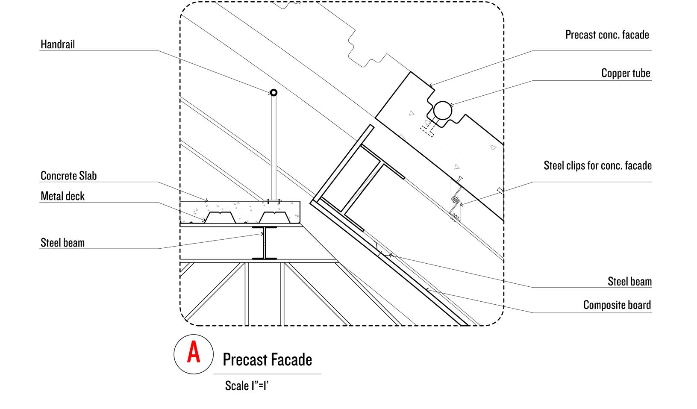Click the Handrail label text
pos(58,44)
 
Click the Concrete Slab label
pos(68,176)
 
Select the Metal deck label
pos(62,196)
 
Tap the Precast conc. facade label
pos(607,35)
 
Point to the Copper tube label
pos(626,73)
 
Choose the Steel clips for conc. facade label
pos(597,165)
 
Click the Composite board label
pos(617,305)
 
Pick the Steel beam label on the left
pos(62,243)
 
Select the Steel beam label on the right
pos(629,282)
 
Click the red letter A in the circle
pos(194,354)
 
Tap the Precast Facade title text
pos(267,360)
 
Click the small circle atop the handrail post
pos(274,93)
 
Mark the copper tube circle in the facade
pos(442,111)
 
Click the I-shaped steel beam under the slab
pos(265,244)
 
